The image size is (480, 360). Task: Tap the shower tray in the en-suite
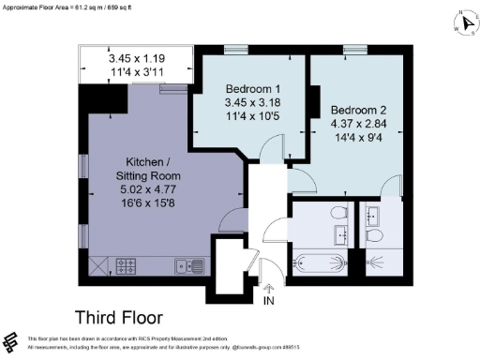[x=381, y=262]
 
